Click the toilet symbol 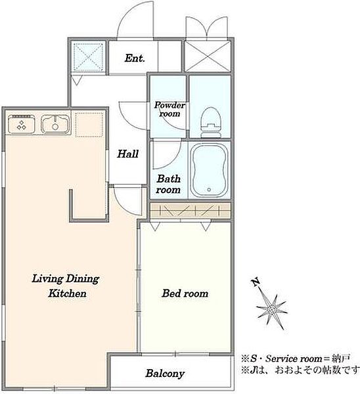pyautogui.click(x=211, y=122)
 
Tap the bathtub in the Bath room pyautogui.click(x=209, y=170)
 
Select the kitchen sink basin pyautogui.click(x=55, y=123)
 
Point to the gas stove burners pyautogui.click(x=22, y=124)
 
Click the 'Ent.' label pyautogui.click(x=135, y=58)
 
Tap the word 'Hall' pyautogui.click(x=127, y=154)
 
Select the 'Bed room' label pyautogui.click(x=185, y=294)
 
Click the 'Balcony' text pyautogui.click(x=165, y=373)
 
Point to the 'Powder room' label pyautogui.click(x=169, y=109)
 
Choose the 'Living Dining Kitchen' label pyautogui.click(x=66, y=286)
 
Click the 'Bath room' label pyautogui.click(x=168, y=184)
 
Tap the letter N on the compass pyautogui.click(x=256, y=282)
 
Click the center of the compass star pyautogui.click(x=272, y=310)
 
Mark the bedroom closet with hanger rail pyautogui.click(x=190, y=210)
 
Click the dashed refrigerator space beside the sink pyautogui.click(x=89, y=125)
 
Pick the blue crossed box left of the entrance pyautogui.click(x=89, y=56)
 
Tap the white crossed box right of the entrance pyautogui.click(x=208, y=56)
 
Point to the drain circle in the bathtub pyautogui.click(x=209, y=190)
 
